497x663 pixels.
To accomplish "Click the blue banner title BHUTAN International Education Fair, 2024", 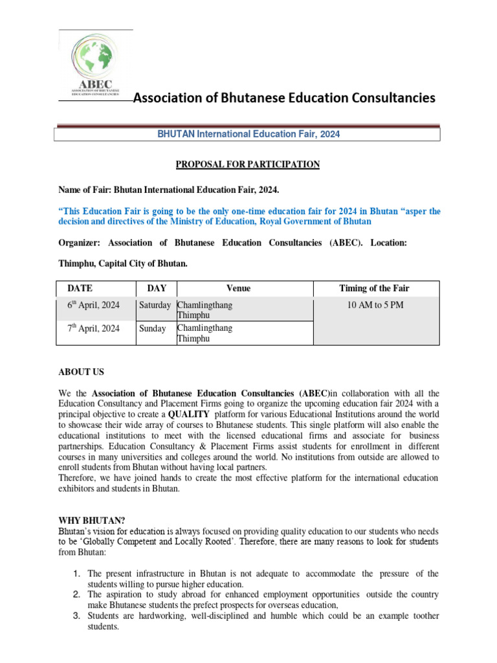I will point(249,134).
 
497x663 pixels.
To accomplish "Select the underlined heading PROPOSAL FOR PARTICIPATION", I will point(248,164).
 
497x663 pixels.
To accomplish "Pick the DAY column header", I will point(157,289).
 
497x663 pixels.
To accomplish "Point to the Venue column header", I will point(238,289).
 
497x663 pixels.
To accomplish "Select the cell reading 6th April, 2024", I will point(94,306).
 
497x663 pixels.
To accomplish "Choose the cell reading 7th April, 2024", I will point(94,329).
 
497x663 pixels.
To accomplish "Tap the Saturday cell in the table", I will point(155,306).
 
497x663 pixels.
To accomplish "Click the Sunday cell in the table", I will point(153,329).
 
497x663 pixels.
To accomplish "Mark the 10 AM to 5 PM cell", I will point(375,306).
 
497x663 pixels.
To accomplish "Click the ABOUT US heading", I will point(81,372).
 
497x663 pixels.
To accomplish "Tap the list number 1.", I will point(76,574).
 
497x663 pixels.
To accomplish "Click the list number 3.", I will point(76,616).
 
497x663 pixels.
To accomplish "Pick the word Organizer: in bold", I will point(80,243).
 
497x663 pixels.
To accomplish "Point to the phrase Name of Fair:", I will point(85,189).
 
